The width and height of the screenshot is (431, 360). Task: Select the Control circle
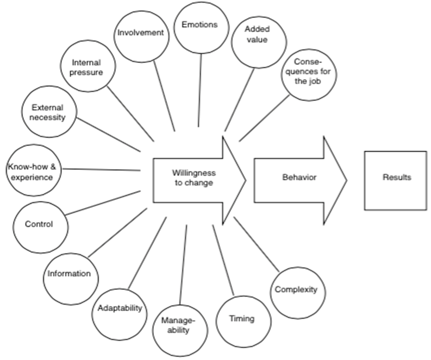click(x=39, y=224)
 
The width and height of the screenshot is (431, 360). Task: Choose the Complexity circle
click(x=296, y=290)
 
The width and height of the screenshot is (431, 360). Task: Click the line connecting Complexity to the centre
click(x=257, y=245)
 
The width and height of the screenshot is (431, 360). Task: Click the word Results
click(x=397, y=178)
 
